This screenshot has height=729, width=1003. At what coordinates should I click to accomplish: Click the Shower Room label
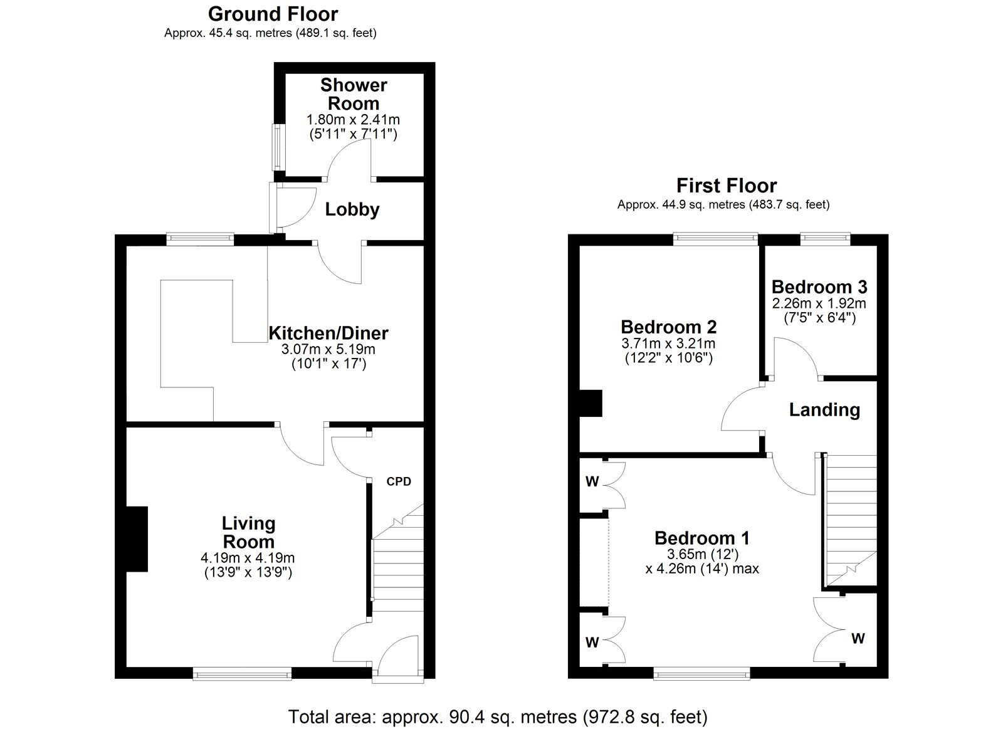pyautogui.click(x=354, y=94)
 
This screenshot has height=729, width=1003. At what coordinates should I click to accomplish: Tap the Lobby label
pyautogui.click(x=352, y=209)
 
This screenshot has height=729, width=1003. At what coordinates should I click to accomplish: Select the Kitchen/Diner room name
pyautogui.click(x=328, y=333)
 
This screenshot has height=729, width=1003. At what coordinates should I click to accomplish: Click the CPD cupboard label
pyautogui.click(x=399, y=481)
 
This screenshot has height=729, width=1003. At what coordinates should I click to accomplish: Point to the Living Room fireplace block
pyautogui.click(x=137, y=539)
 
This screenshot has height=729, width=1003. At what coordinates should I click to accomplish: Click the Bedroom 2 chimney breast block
pyautogui.click(x=591, y=404)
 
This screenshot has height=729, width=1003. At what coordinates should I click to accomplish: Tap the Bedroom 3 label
pyautogui.click(x=819, y=287)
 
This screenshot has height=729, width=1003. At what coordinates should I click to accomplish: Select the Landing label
pyautogui.click(x=824, y=410)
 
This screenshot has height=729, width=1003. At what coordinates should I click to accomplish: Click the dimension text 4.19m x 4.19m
pyautogui.click(x=248, y=558)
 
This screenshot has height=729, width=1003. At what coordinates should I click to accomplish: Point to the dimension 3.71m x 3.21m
pyautogui.click(x=668, y=344)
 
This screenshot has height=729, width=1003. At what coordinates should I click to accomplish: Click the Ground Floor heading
pyautogui.click(x=273, y=14)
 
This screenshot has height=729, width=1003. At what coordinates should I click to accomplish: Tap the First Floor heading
pyautogui.click(x=726, y=186)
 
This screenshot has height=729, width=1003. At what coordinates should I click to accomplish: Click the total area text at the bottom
pyautogui.click(x=497, y=716)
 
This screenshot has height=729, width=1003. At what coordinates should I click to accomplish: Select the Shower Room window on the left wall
pyautogui.click(x=275, y=147)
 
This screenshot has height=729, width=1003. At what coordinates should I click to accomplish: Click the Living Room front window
pyautogui.click(x=242, y=674)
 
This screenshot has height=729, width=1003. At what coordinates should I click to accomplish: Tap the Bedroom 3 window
pyautogui.click(x=825, y=238)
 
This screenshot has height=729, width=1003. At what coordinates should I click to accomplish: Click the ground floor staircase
pyautogui.click(x=398, y=564)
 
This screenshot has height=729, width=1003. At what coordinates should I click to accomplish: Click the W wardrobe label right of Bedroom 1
pyautogui.click(x=858, y=639)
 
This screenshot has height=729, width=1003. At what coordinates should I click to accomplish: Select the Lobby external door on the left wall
pyautogui.click(x=273, y=206)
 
